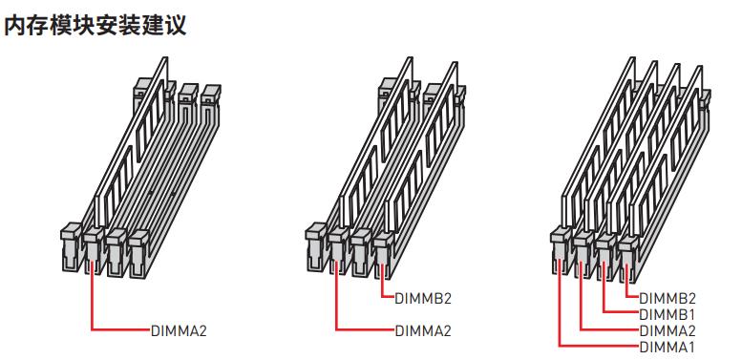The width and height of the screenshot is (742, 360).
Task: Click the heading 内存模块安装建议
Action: click(x=95, y=26)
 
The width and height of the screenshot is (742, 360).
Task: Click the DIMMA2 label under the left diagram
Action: click(x=179, y=330)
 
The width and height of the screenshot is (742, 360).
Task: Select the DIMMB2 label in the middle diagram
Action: click(x=423, y=299)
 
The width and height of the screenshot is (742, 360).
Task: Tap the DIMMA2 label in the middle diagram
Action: click(x=423, y=330)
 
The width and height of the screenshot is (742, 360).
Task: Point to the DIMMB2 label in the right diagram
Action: click(x=668, y=299)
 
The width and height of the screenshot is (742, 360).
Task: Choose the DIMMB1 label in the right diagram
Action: click(x=668, y=314)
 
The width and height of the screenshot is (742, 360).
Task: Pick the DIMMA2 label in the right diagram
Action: click(x=668, y=330)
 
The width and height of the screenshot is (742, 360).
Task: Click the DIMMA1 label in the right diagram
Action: click(x=668, y=347)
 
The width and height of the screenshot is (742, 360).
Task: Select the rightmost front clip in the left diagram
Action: click(x=139, y=253)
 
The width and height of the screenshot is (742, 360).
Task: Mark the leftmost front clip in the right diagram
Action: click(x=561, y=250)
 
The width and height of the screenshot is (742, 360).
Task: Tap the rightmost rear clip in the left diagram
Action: click(x=211, y=97)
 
